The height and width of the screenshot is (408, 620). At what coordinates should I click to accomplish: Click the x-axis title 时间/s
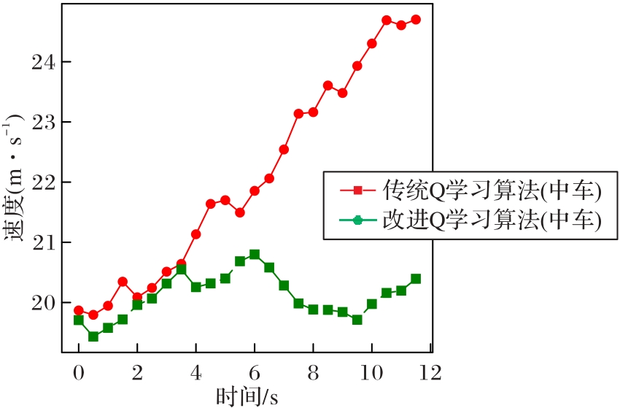click(247, 396)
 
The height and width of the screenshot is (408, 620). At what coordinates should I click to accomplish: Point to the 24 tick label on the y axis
click(43, 62)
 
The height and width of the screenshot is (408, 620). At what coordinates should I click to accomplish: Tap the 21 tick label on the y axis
click(43, 242)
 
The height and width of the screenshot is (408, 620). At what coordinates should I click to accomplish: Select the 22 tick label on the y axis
click(43, 182)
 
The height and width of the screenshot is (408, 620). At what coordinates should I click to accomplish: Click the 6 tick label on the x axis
click(255, 373)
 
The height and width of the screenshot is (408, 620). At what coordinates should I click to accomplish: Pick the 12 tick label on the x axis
click(430, 373)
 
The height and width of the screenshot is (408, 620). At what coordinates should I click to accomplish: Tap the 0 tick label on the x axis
click(79, 373)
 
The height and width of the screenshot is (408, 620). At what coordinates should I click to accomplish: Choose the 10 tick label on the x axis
click(372, 373)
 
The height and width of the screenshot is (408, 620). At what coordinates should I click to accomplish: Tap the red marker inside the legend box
click(357, 191)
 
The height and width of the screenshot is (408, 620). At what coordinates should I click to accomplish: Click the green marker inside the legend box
click(357, 220)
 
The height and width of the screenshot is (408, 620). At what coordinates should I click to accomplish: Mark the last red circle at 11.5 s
click(416, 20)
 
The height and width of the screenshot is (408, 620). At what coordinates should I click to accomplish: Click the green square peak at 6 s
click(255, 255)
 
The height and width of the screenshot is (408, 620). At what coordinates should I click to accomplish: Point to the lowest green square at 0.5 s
click(93, 336)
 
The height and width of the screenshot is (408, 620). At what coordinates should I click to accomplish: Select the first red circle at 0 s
click(79, 310)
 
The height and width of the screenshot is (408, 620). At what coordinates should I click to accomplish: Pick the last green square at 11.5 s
click(416, 279)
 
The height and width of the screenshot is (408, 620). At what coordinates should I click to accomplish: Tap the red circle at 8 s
click(313, 112)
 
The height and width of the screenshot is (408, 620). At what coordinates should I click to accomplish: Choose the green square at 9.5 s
click(357, 320)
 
